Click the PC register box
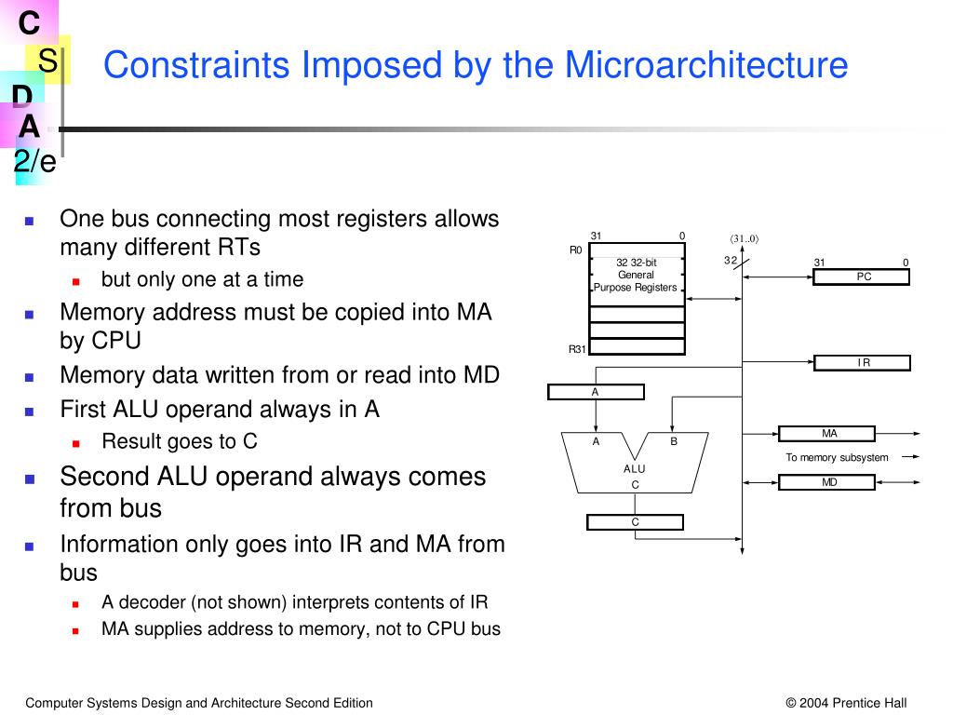click(862, 277)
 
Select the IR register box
click(862, 363)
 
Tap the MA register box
click(827, 434)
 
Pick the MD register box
click(827, 482)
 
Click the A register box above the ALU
click(596, 392)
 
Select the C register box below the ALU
click(635, 522)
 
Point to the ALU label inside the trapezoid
click(634, 469)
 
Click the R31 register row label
click(577, 349)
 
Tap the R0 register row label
click(575, 250)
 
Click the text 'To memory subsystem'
click(837, 457)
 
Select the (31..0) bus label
click(744, 238)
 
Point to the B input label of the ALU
click(674, 441)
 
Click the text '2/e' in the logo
click(35, 162)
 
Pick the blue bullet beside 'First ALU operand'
click(29, 411)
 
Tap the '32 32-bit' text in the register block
click(637, 263)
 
